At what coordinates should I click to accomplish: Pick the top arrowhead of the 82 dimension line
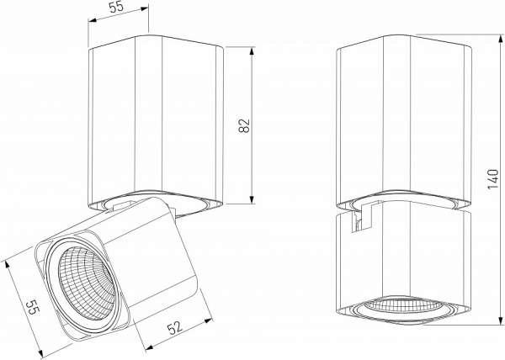pos(253,50)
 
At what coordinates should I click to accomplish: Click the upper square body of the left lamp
pos(156,122)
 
